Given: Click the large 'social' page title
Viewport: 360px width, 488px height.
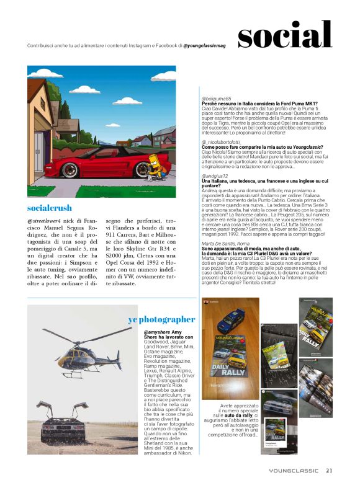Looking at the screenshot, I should pyautogui.click(x=285, y=35).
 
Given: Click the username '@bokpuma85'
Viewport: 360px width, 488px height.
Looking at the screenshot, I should pyautogui.click(x=216, y=99).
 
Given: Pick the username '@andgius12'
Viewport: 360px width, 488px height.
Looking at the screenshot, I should pyautogui.click(x=215, y=158).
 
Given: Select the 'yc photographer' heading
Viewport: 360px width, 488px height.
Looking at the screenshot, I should pyautogui.click(x=161, y=319).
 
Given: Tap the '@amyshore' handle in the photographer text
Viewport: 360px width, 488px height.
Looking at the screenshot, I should pyautogui.click(x=147, y=332).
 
